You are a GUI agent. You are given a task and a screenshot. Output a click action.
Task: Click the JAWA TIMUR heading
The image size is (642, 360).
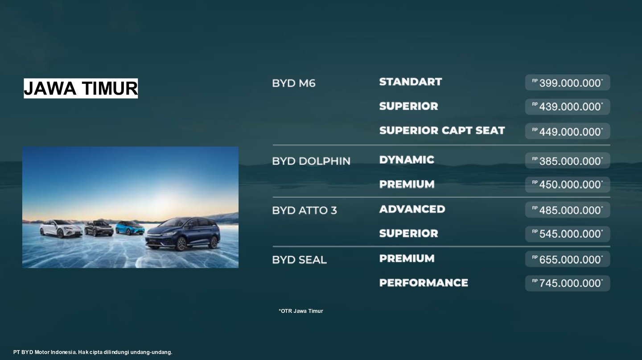[x=81, y=88]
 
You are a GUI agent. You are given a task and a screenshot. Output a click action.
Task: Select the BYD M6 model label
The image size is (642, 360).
[x=293, y=83]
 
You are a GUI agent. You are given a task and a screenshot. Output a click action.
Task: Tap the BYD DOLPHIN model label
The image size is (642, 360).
[x=311, y=161]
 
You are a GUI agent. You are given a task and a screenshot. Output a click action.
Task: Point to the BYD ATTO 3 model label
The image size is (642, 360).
[x=305, y=211]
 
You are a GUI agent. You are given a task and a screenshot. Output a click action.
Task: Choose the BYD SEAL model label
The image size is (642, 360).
[x=299, y=260]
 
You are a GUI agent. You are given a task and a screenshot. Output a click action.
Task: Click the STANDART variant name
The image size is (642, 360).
[x=411, y=82]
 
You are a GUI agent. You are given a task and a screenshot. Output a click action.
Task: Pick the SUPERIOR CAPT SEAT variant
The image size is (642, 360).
[x=442, y=131]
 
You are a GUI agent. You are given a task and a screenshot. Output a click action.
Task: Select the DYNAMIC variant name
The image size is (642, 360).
[x=407, y=160]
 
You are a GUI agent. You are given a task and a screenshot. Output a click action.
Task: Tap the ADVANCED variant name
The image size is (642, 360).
[x=412, y=209]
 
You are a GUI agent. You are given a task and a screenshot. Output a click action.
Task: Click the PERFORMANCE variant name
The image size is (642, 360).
[x=424, y=283]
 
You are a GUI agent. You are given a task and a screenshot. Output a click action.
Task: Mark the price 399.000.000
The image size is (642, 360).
[x=570, y=83]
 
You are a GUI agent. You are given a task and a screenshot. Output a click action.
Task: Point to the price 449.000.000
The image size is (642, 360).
[x=570, y=132]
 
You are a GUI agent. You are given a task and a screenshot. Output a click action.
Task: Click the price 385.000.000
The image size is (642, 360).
[x=570, y=161]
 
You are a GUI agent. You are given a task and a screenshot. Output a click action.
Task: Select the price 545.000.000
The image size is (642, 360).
[x=570, y=234]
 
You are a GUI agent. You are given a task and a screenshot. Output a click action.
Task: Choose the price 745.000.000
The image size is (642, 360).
[x=570, y=283]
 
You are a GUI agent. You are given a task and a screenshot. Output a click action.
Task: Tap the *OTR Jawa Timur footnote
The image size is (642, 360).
[x=300, y=311]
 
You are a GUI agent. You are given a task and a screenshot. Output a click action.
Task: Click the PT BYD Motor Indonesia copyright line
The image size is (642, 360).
[x=93, y=352]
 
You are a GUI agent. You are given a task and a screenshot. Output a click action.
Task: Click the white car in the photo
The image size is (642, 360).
[x=61, y=228]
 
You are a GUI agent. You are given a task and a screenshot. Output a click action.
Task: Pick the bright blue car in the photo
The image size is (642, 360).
[x=130, y=228]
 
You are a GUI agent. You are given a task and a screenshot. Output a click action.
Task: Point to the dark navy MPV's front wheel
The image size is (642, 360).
[x=181, y=244]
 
